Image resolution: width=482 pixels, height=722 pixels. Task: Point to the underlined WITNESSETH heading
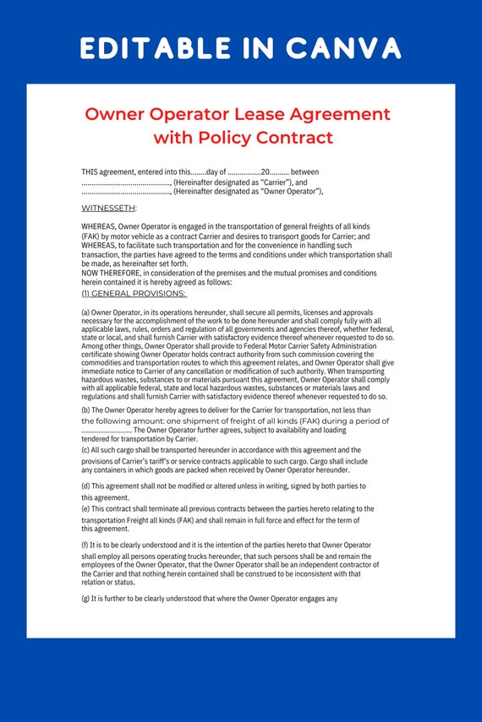[x=108, y=208]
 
